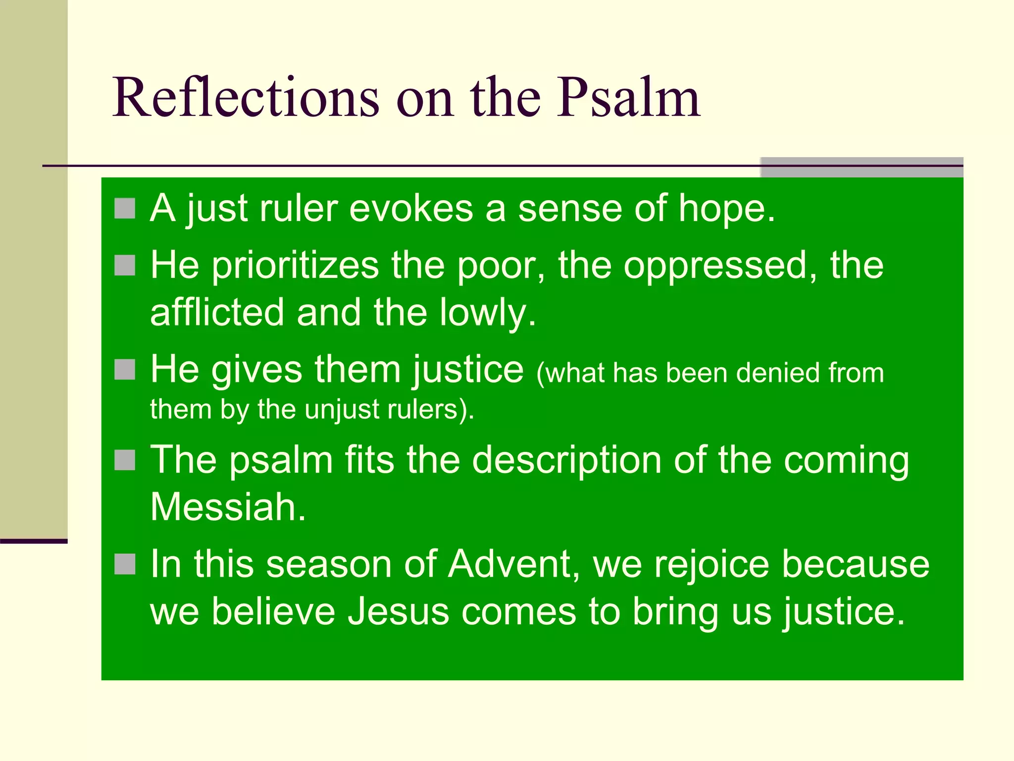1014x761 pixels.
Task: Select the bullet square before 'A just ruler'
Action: tap(125, 209)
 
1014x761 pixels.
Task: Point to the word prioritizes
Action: tap(295, 266)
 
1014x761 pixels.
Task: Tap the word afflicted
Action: tap(217, 313)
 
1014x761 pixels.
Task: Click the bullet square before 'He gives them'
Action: tap(125, 370)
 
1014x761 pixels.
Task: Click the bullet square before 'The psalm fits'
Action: tap(125, 460)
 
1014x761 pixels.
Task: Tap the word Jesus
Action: tap(398, 611)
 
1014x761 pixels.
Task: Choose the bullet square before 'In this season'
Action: tap(125, 564)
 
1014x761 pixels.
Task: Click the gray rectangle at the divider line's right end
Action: tap(862, 167)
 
